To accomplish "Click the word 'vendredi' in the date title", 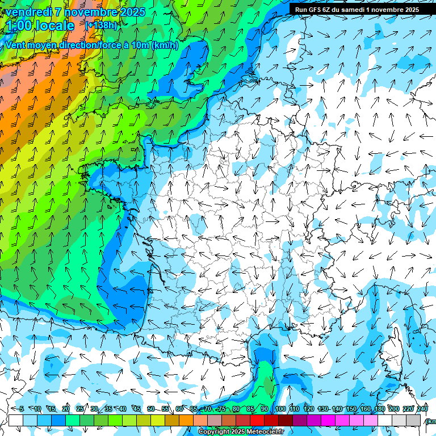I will click(26, 12).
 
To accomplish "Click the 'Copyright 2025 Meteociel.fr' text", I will click(241, 432).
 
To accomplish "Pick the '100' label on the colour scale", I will click(280, 409).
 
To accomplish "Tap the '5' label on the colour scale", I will click(21, 409).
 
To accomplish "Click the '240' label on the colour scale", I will click(422, 409).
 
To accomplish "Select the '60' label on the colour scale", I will click(179, 409).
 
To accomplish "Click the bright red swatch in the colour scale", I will click(257, 420).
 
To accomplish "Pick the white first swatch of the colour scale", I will click(15, 420).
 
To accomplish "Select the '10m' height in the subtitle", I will click(141, 45).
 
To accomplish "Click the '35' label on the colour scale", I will click(108, 409).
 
